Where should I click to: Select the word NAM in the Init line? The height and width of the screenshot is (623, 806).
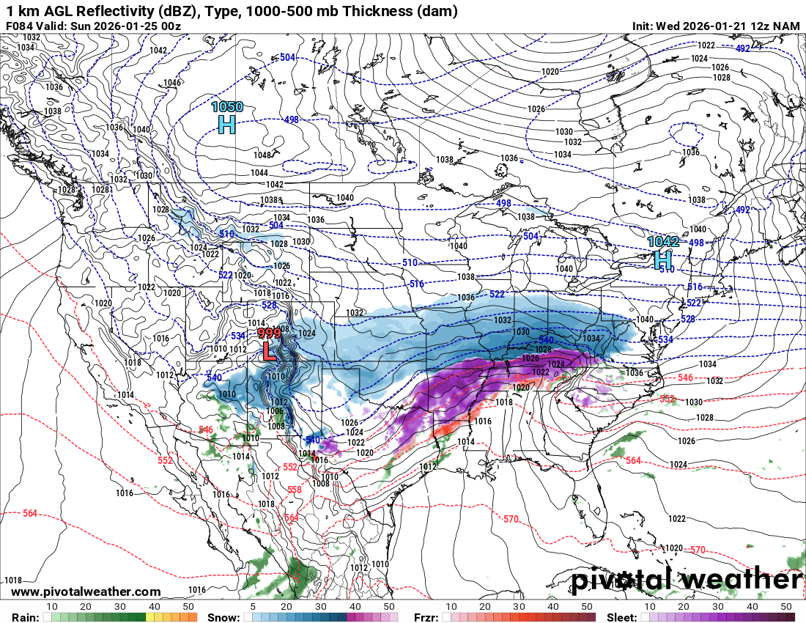[787, 26]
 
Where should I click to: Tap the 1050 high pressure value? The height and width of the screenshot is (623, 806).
[227, 107]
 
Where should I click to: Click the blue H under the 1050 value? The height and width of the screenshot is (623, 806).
[227, 125]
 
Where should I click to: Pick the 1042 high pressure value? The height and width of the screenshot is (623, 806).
[663, 241]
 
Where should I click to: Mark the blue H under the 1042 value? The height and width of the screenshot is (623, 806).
[663, 259]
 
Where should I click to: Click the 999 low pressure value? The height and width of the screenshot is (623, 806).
[269, 333]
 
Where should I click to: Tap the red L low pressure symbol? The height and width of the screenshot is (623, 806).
[269, 352]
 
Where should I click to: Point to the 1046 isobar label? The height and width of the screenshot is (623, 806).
[173, 83]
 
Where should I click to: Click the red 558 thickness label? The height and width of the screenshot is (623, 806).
[295, 490]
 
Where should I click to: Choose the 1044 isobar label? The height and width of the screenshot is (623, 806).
[259, 172]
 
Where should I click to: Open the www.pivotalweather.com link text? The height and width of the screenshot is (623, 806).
[86, 591]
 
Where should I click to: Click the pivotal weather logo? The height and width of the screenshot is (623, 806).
[687, 580]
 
